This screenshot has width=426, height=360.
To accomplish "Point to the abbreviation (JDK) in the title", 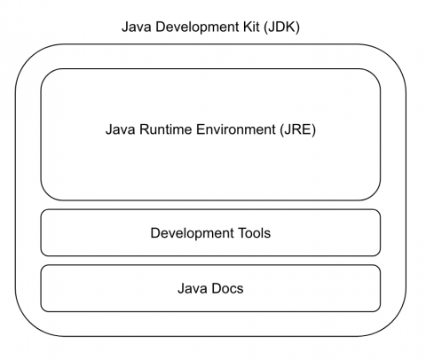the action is tap(282, 27).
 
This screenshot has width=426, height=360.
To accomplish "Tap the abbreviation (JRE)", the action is tap(298, 130).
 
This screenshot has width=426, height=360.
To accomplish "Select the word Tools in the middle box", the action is tap(253, 233).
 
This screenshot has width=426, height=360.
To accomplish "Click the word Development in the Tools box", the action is tap(192, 234).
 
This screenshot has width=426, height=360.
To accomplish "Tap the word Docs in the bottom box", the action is tap(227, 288).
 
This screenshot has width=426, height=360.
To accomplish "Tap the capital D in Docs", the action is tap(216, 288).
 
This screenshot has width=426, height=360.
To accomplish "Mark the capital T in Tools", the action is tap(240, 233).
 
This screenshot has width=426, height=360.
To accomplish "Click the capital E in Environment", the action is tap(201, 129).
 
